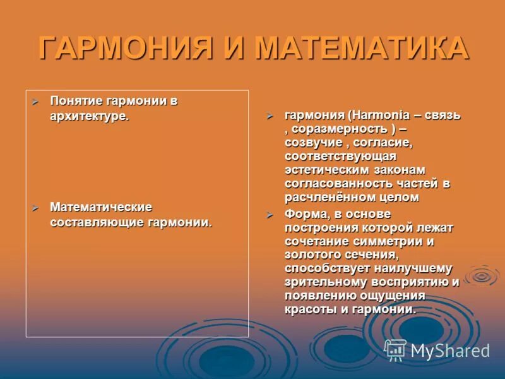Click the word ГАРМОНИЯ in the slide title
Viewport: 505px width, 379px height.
(x=122, y=49)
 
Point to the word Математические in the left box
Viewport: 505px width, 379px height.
(x=101, y=207)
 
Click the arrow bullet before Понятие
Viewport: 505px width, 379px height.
(x=36, y=102)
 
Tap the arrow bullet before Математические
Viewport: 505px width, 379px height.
(x=36, y=208)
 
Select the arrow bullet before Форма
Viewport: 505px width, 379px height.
(x=270, y=215)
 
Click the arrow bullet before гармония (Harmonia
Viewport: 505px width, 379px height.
(x=270, y=116)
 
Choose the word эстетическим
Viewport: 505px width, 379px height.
(x=323, y=170)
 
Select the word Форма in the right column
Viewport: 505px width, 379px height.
(x=304, y=214)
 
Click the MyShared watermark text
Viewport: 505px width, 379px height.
(x=450, y=351)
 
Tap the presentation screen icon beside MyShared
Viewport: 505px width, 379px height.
(x=395, y=350)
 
